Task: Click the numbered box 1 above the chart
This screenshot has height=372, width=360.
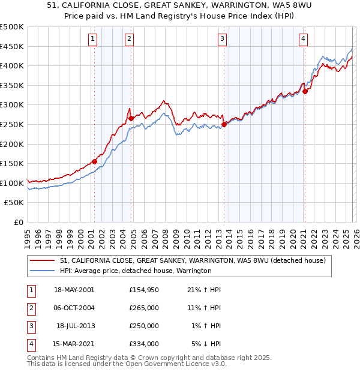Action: pos(94,40)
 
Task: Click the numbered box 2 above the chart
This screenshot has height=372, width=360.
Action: pos(130,40)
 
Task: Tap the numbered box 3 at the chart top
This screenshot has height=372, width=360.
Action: pos(223,40)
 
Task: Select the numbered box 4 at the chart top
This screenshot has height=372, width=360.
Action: pos(304,40)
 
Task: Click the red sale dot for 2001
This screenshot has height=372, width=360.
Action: pos(94,161)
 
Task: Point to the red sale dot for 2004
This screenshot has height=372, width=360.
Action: pos(131,118)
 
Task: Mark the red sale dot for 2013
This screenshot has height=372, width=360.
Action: pos(224,124)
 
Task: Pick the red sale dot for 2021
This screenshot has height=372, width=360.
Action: pos(305,91)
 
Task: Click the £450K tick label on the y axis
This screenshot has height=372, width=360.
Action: pos(12,46)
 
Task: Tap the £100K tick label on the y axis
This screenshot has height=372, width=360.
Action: pos(12,183)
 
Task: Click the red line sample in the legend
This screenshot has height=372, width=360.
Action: pos(43,260)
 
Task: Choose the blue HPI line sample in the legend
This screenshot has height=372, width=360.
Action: pos(43,271)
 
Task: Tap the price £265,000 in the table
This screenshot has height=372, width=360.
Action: pos(143,308)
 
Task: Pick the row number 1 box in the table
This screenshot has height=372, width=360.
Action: pos(30,290)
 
